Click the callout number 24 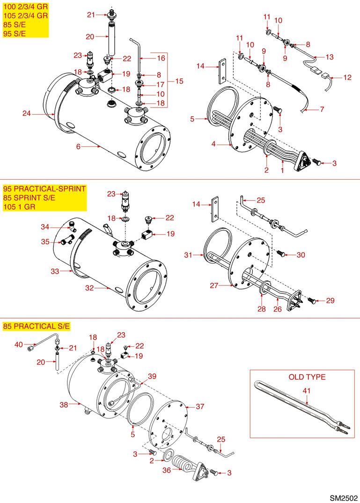(27, 113)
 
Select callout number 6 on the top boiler (79, 146)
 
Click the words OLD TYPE (307, 377)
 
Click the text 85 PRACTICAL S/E (36, 326)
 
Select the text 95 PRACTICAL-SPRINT (44, 189)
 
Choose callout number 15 (179, 81)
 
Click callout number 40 (19, 345)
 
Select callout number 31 (188, 255)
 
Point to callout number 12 (347, 78)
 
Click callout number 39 (152, 376)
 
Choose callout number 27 (213, 285)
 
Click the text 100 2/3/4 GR (25, 7)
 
